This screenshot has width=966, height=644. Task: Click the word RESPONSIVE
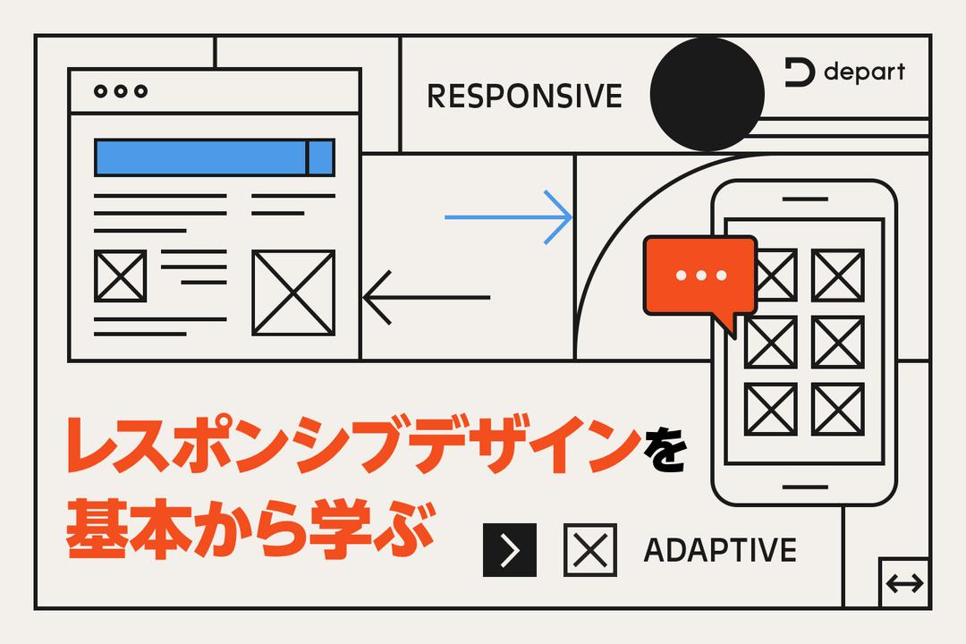click(524, 96)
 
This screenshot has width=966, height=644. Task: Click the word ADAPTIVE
click(719, 550)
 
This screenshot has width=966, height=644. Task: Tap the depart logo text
click(863, 72)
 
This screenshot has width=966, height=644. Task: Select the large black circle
click(707, 94)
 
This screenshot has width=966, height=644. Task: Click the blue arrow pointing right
click(508, 216)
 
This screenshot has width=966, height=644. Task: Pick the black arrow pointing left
click(427, 297)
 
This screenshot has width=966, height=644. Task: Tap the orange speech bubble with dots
click(700, 276)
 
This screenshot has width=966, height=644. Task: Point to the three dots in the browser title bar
click(121, 91)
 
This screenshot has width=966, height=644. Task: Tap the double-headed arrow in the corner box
click(904, 584)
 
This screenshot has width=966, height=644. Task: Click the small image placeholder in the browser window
click(120, 276)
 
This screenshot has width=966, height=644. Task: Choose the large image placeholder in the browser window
click(292, 292)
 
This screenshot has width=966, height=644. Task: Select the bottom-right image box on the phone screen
click(838, 409)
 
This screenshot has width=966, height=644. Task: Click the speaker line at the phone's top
click(804, 199)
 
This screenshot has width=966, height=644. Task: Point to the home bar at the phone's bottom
click(804, 487)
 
